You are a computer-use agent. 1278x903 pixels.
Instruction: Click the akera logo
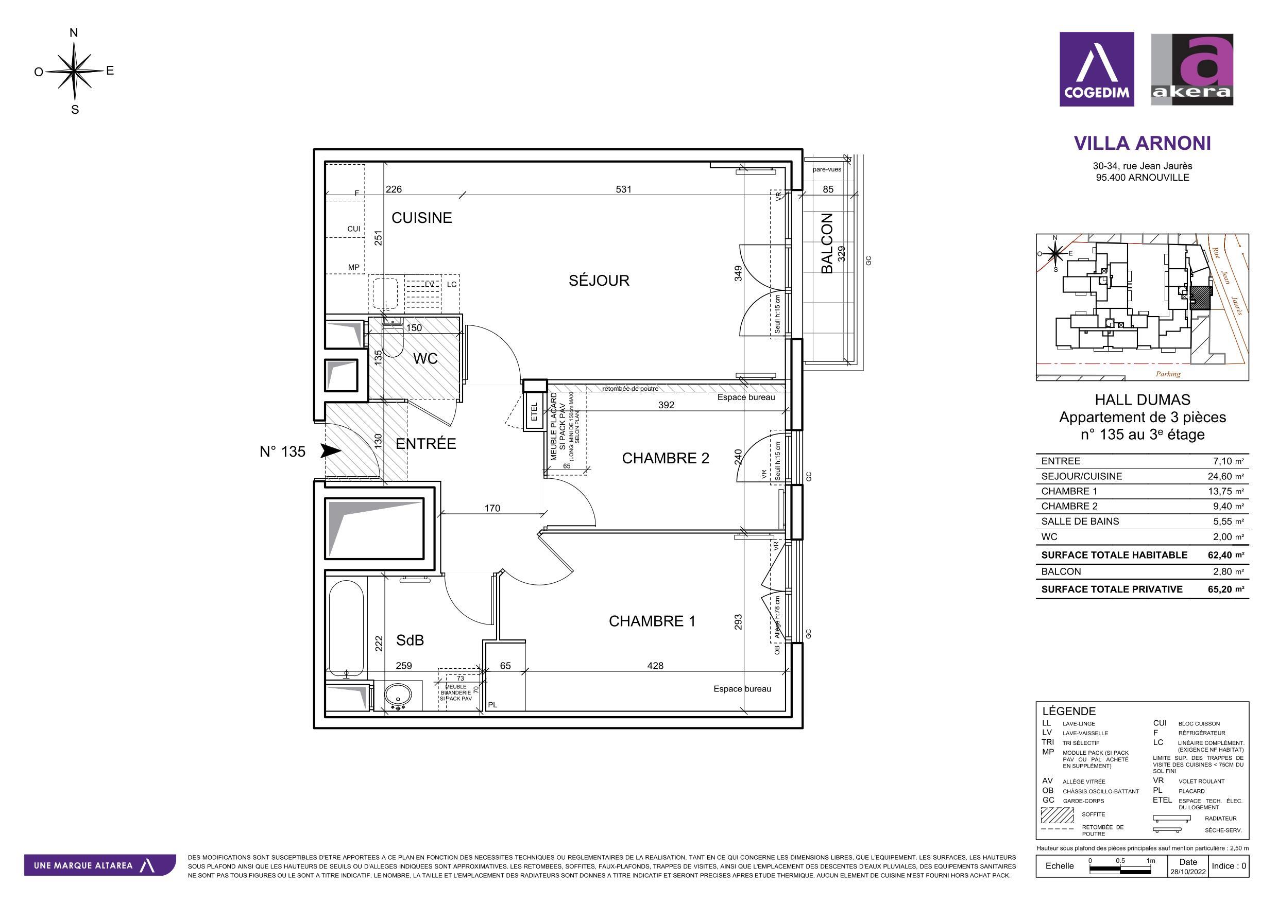coord(1192,69)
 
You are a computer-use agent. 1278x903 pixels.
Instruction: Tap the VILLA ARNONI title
coord(1142,143)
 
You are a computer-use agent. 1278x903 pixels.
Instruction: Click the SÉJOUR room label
coord(599,281)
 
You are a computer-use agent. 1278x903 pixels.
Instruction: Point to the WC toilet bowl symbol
coord(393,341)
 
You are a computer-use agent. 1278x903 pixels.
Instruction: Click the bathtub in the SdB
coord(346,627)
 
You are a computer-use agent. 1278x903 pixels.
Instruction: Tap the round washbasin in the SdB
coord(398,694)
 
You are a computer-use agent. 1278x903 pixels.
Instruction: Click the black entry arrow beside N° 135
coord(331,450)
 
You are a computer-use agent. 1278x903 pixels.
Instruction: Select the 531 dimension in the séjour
coord(623,189)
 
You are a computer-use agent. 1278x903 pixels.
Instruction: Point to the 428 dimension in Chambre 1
coord(655,666)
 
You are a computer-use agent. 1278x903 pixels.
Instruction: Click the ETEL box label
coord(534,411)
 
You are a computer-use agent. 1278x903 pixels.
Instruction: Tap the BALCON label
coord(827,243)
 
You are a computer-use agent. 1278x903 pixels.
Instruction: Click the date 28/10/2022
coord(1188,871)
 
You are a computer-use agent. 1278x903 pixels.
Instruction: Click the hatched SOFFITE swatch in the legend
coord(1057,815)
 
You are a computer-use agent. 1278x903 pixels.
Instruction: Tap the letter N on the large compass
coord(74,33)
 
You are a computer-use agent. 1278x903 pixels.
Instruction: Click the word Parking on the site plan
coord(1168,374)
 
